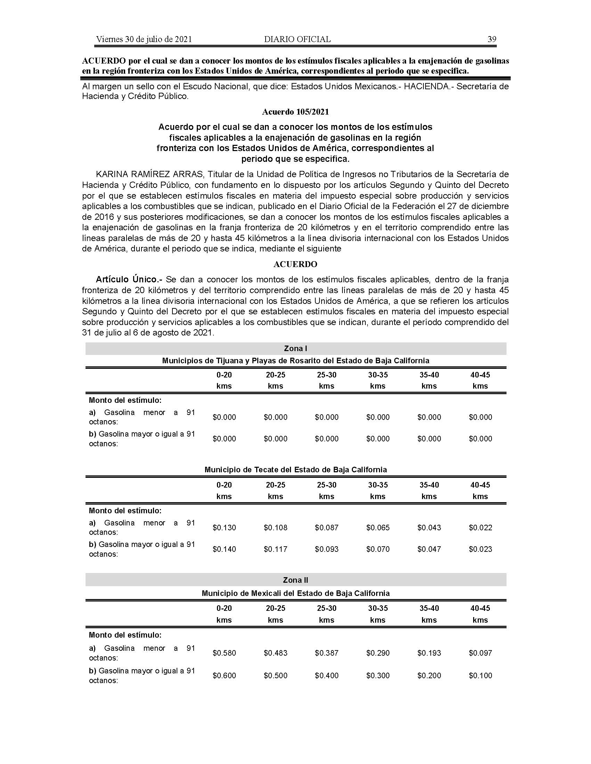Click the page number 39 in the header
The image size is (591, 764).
pos(492,39)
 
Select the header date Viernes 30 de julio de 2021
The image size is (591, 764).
pos(144,39)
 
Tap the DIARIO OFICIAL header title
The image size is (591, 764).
pos(297,39)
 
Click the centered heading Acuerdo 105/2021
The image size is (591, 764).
pos(295,112)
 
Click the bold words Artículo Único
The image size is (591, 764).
pos(129,280)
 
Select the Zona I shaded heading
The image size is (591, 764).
pos(295,348)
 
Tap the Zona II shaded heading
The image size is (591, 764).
pos(295,580)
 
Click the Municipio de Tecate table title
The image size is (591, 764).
pos(295,470)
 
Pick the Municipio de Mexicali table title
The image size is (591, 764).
pos(295,593)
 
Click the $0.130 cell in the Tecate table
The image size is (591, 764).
pos(224,528)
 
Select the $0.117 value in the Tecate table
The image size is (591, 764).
pos(276,549)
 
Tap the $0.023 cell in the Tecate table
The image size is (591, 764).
pos(480,549)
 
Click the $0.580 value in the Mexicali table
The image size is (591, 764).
pos(224,653)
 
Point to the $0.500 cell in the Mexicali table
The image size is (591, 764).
pos(276,675)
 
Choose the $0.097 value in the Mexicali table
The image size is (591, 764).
pos(480,653)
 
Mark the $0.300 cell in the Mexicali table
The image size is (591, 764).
pos(378,675)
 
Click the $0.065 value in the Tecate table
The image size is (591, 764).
pos(378,528)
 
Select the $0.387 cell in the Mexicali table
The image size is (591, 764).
pos(327,653)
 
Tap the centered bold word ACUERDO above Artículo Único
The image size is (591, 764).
pos(295,264)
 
